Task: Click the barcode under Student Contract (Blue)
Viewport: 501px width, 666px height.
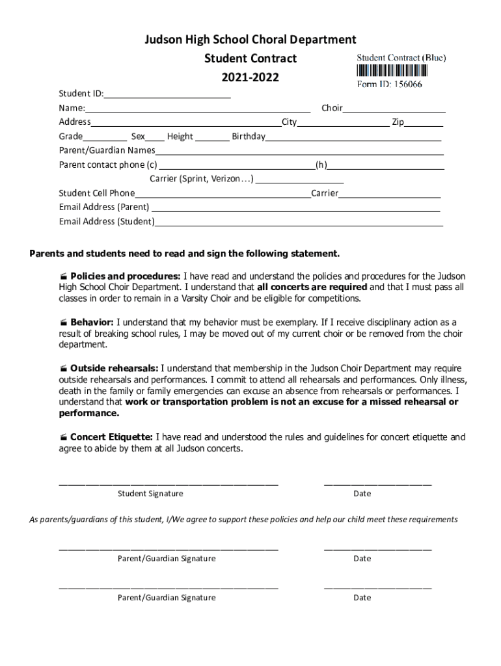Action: pyautogui.click(x=401, y=71)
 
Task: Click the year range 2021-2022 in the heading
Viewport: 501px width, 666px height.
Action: pyautogui.click(x=251, y=78)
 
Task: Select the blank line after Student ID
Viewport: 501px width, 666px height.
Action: pyautogui.click(x=168, y=96)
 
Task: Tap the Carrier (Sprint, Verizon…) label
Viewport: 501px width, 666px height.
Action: pyautogui.click(x=202, y=179)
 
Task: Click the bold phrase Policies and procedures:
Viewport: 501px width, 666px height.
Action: pyautogui.click(x=126, y=276)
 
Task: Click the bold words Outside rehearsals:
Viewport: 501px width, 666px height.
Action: pyautogui.click(x=114, y=369)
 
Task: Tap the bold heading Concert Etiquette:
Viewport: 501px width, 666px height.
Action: pyautogui.click(x=112, y=437)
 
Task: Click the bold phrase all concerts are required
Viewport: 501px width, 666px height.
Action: pyautogui.click(x=312, y=287)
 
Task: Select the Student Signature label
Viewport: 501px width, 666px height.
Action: pyautogui.click(x=150, y=494)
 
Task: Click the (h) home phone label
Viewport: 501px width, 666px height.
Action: pyautogui.click(x=321, y=165)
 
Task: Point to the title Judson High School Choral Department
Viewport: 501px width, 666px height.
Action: pyautogui.click(x=251, y=40)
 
